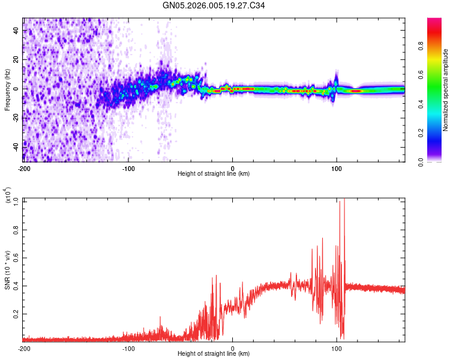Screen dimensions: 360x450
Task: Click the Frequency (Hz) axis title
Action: (8, 89)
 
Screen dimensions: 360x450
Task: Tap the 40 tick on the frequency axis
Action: (16, 30)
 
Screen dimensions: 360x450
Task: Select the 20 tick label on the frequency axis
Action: (16, 59)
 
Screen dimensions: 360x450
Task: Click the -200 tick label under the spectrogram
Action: (24, 167)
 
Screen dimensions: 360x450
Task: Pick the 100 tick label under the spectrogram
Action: (337, 167)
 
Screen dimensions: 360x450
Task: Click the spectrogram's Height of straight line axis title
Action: (214, 174)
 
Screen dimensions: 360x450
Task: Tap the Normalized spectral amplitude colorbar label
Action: (446, 90)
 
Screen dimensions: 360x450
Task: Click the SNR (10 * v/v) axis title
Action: (8, 269)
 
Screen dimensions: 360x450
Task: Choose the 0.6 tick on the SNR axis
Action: (16, 257)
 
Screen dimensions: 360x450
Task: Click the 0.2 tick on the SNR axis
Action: (16, 314)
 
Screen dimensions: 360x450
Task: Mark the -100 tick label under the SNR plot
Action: (128, 348)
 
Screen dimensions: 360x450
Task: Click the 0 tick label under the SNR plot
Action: (233, 348)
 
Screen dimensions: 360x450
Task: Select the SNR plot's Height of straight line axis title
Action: (214, 355)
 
